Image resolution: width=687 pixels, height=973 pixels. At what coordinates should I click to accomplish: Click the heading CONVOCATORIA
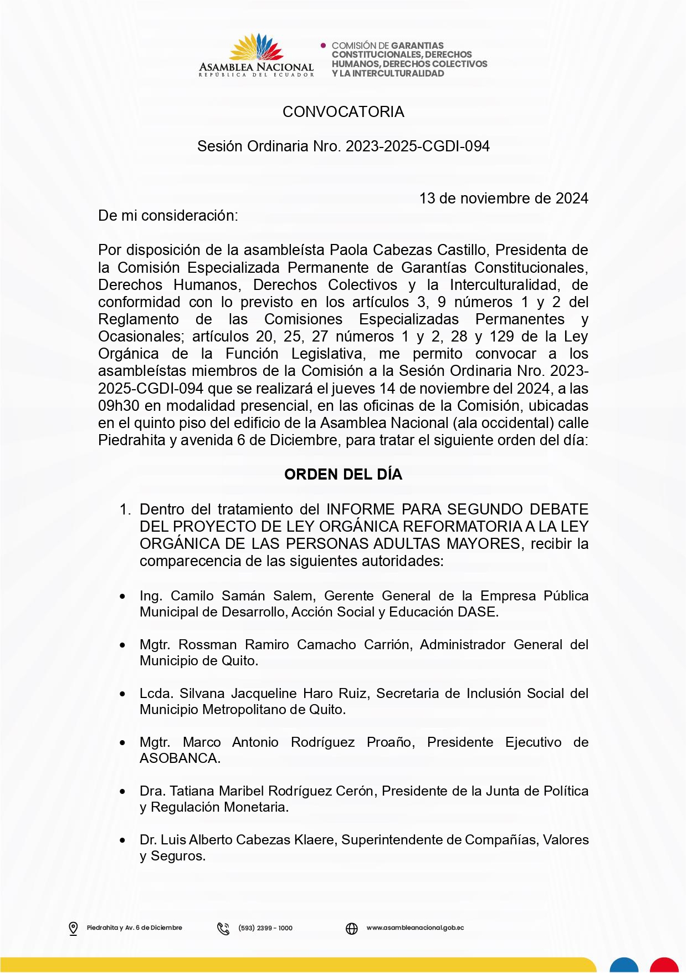(343, 112)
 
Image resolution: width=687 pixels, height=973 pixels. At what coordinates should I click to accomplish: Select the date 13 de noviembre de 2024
(503, 198)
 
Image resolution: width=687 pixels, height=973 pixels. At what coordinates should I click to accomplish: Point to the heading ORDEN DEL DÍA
(343, 475)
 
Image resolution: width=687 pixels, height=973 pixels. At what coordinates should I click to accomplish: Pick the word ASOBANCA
(180, 758)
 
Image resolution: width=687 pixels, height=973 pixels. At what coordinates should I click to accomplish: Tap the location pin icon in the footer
(73, 928)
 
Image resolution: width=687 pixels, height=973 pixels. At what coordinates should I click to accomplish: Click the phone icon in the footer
(223, 928)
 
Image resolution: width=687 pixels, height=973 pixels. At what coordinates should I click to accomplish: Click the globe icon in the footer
(352, 928)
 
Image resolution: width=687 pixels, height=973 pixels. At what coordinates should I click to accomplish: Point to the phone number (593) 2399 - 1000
(265, 928)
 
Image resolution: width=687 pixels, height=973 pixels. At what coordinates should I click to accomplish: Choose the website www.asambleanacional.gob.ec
(415, 928)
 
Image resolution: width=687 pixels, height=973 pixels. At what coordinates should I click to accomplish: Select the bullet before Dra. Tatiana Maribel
(122, 792)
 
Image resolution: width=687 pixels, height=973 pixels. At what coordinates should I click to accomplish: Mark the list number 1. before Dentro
(125, 510)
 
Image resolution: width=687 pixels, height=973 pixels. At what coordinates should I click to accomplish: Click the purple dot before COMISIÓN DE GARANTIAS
(324, 45)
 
